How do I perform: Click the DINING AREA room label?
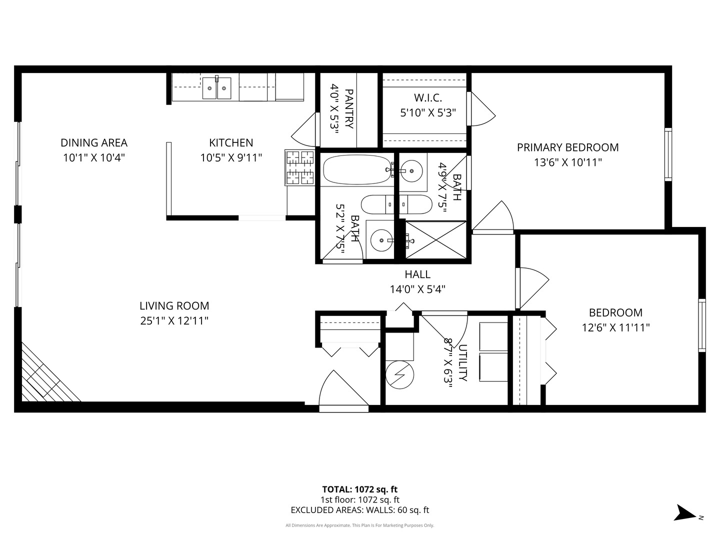[94, 143]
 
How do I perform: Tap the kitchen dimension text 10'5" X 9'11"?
[231, 158]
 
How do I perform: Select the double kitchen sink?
[216, 88]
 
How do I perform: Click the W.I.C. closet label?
[427, 98]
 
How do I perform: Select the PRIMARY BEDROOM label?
[567, 147]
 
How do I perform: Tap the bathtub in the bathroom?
[356, 170]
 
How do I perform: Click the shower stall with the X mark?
[435, 240]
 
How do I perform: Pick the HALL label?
[417, 274]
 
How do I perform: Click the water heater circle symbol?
[400, 374]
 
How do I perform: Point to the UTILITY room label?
[462, 362]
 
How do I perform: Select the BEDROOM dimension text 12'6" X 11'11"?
[615, 328]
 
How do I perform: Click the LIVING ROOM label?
[174, 306]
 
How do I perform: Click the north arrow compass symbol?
[684, 513]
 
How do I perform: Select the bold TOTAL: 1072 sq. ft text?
[359, 489]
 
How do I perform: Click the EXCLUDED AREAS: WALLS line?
[359, 510]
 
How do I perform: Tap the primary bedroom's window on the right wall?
[668, 154]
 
